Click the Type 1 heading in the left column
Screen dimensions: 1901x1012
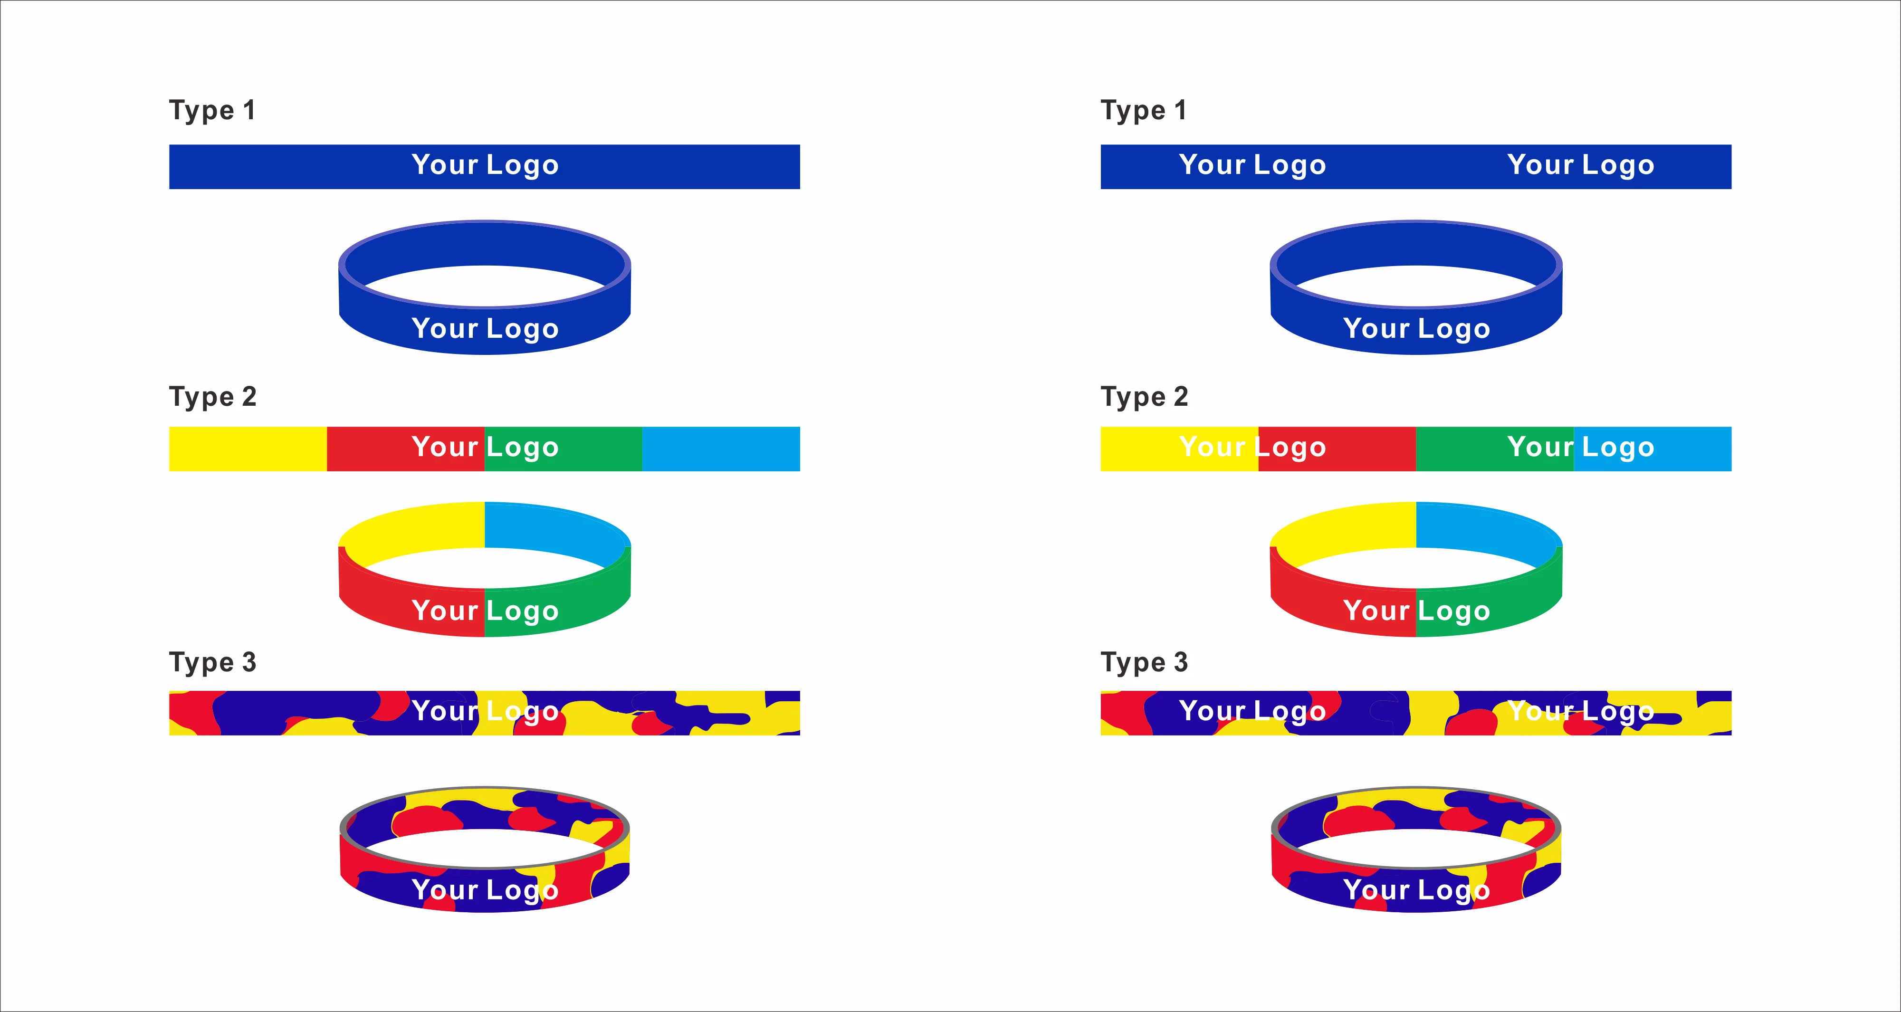click(x=212, y=111)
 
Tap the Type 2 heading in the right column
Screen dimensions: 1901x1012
click(x=1144, y=397)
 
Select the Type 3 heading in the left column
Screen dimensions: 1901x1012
click(x=212, y=663)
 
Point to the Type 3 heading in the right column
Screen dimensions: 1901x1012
click(x=1144, y=663)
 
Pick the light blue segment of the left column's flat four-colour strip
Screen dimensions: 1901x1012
click(x=720, y=449)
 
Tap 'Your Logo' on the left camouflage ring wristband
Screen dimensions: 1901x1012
click(x=485, y=891)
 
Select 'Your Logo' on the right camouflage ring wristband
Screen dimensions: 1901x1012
click(x=1416, y=891)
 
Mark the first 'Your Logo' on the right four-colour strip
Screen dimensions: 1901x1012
click(x=1252, y=447)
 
